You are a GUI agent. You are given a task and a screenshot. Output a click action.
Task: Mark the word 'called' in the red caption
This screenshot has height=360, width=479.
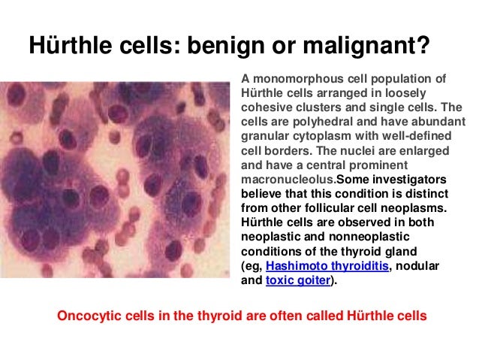point(311,316)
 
